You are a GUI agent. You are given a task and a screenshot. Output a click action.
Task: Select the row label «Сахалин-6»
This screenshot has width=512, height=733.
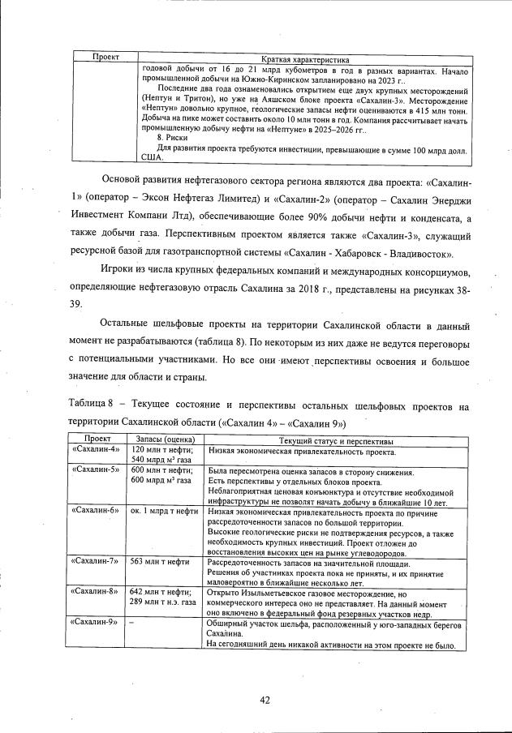click(x=96, y=510)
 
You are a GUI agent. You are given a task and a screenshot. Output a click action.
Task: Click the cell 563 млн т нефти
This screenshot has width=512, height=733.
click(x=161, y=561)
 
